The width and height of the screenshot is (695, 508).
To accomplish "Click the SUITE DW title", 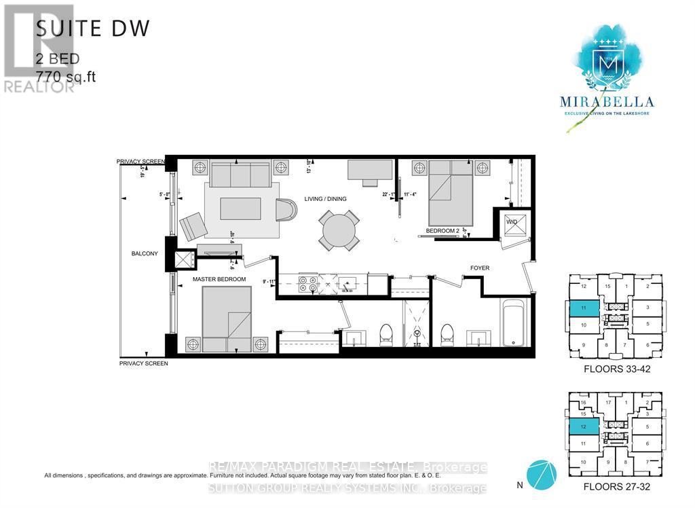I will coord(92,28).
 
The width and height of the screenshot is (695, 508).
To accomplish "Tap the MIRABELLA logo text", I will coord(607,102).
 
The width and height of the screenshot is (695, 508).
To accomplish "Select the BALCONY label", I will coord(145,254).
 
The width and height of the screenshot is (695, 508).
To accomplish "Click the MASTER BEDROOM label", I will coord(219,280).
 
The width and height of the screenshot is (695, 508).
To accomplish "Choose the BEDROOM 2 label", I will coord(442,231).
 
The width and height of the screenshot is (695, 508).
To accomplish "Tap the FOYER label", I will coord(480,268).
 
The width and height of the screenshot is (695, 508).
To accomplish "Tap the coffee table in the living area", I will coord(240,208).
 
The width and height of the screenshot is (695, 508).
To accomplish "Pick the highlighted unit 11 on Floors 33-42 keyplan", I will coord(584,308).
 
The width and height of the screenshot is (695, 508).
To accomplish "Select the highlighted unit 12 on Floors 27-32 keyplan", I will coord(584,426).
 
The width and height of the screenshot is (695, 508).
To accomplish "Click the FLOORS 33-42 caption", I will coord(614,370).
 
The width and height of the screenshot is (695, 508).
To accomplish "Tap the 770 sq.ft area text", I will coord(66,76).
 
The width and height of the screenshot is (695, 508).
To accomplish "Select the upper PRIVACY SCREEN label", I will coord(140,162).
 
